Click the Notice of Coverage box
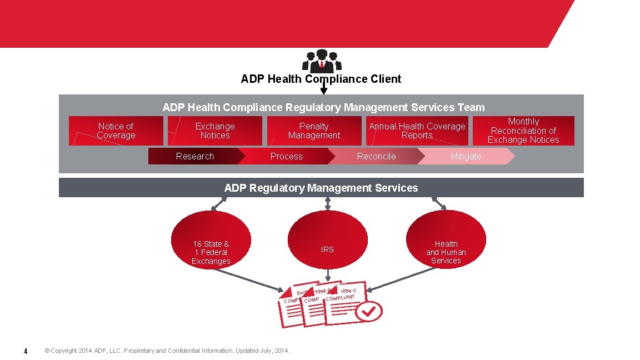(116, 131)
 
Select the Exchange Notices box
(215, 131)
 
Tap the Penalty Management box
(314, 131)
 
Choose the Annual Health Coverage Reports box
(417, 131)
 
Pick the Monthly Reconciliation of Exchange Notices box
(523, 131)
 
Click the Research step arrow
(194, 157)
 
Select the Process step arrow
(286, 157)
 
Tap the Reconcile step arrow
(376, 157)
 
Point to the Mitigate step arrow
(466, 157)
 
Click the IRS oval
(327, 249)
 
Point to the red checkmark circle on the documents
(369, 313)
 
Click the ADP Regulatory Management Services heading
(321, 188)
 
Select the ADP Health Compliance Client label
(321, 79)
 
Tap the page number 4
(25, 351)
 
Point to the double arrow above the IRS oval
(328, 204)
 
